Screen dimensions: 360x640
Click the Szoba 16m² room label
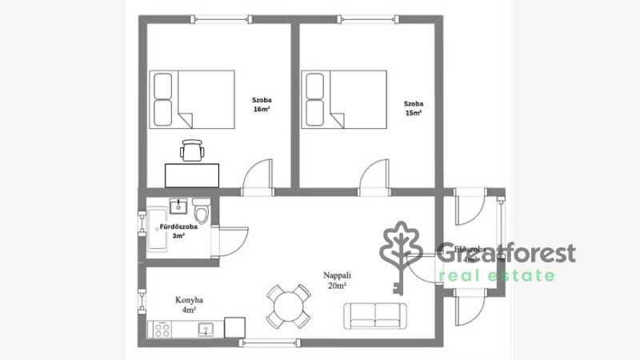point(261,104)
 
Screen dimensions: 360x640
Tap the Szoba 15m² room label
point(413,108)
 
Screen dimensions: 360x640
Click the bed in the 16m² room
point(193,98)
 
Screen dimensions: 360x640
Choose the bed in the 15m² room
point(344,98)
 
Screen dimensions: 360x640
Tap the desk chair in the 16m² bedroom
point(192,150)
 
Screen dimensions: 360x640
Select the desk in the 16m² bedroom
point(192,174)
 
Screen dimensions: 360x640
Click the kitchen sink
point(206,328)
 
